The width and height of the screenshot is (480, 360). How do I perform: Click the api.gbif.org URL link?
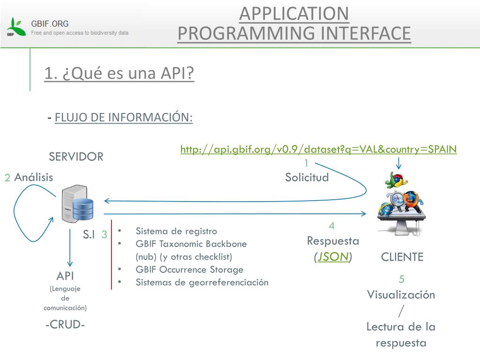click(x=318, y=149)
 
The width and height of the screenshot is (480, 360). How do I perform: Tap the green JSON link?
click(x=333, y=257)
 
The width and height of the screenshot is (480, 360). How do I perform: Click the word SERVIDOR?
click(x=76, y=157)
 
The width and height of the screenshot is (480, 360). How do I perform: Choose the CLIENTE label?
click(x=402, y=257)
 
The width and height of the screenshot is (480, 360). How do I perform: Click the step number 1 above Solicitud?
click(x=307, y=163)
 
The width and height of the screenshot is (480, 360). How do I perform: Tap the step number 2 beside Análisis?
click(x=7, y=178)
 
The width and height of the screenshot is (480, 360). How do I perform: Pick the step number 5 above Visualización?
click(x=402, y=279)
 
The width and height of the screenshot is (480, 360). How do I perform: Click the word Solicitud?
click(x=307, y=177)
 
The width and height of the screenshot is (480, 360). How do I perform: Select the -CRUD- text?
click(x=65, y=324)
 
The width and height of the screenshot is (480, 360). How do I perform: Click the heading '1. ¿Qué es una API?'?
click(x=119, y=73)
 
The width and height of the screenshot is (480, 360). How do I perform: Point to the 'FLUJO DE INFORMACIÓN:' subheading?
click(x=124, y=117)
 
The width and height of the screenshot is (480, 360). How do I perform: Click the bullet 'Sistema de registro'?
click(x=176, y=231)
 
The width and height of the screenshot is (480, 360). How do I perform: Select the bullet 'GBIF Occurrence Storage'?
click(x=189, y=270)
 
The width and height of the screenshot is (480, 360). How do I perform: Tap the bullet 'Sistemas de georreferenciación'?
click(x=202, y=282)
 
